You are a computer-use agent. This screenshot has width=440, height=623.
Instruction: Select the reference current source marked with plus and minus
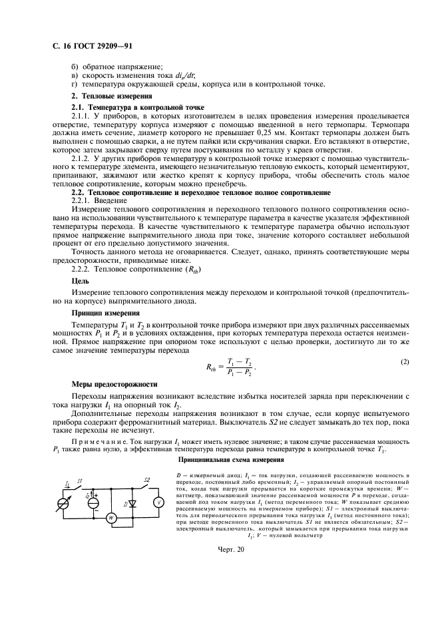(x=94, y=503)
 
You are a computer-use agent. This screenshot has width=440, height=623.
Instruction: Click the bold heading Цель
(x=79, y=281)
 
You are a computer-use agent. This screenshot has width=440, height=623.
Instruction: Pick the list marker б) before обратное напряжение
(x=75, y=67)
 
